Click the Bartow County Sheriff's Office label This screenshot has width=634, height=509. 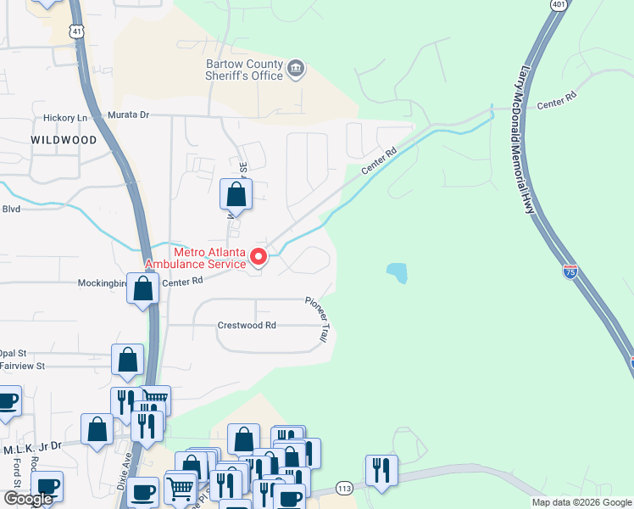244,70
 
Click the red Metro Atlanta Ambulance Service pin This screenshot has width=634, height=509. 262,255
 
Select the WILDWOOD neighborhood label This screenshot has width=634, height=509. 64,140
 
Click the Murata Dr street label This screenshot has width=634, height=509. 128,115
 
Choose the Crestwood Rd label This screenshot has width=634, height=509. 247,325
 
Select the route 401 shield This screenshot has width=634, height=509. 558,5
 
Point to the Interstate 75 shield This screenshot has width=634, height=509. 570,271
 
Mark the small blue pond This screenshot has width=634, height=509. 396,272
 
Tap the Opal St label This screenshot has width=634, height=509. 14,353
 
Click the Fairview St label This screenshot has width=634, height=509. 22,366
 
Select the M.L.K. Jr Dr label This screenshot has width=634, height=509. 32,445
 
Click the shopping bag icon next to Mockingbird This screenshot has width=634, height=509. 143,289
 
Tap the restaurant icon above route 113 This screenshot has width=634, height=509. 381,470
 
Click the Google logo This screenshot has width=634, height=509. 27,500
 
